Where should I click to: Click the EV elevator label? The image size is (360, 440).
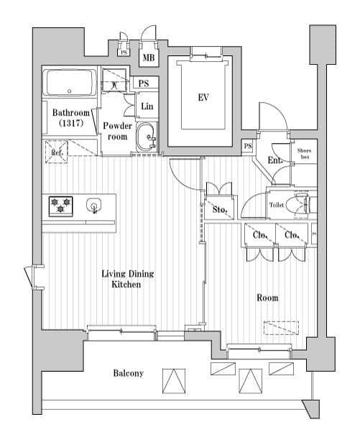203,97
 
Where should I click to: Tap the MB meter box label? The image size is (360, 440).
149,58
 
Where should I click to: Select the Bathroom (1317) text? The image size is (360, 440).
70,119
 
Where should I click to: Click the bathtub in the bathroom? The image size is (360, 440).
70,84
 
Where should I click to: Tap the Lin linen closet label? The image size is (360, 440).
147,106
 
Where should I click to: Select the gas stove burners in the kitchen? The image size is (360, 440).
60,206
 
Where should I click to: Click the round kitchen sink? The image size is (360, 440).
94,206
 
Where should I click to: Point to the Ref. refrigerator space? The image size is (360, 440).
57,152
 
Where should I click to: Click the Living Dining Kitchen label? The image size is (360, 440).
127,279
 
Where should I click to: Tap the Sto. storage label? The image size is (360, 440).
220,211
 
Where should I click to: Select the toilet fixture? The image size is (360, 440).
297,205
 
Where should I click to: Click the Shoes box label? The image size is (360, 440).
304,153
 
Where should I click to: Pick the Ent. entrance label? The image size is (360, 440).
274,160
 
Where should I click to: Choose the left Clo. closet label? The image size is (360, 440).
259,235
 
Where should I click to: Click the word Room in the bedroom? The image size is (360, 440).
267,298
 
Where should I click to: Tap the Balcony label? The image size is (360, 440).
128,373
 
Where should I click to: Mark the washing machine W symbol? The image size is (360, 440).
116,84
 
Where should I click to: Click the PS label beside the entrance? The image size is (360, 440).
248,147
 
